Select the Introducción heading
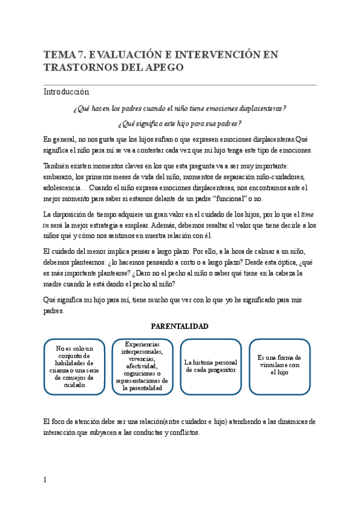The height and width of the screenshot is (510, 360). click(66, 92)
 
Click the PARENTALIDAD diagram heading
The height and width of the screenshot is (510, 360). click(179, 326)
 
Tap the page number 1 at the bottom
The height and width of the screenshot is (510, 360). click(45, 479)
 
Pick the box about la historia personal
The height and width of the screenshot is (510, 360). click(210, 366)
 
